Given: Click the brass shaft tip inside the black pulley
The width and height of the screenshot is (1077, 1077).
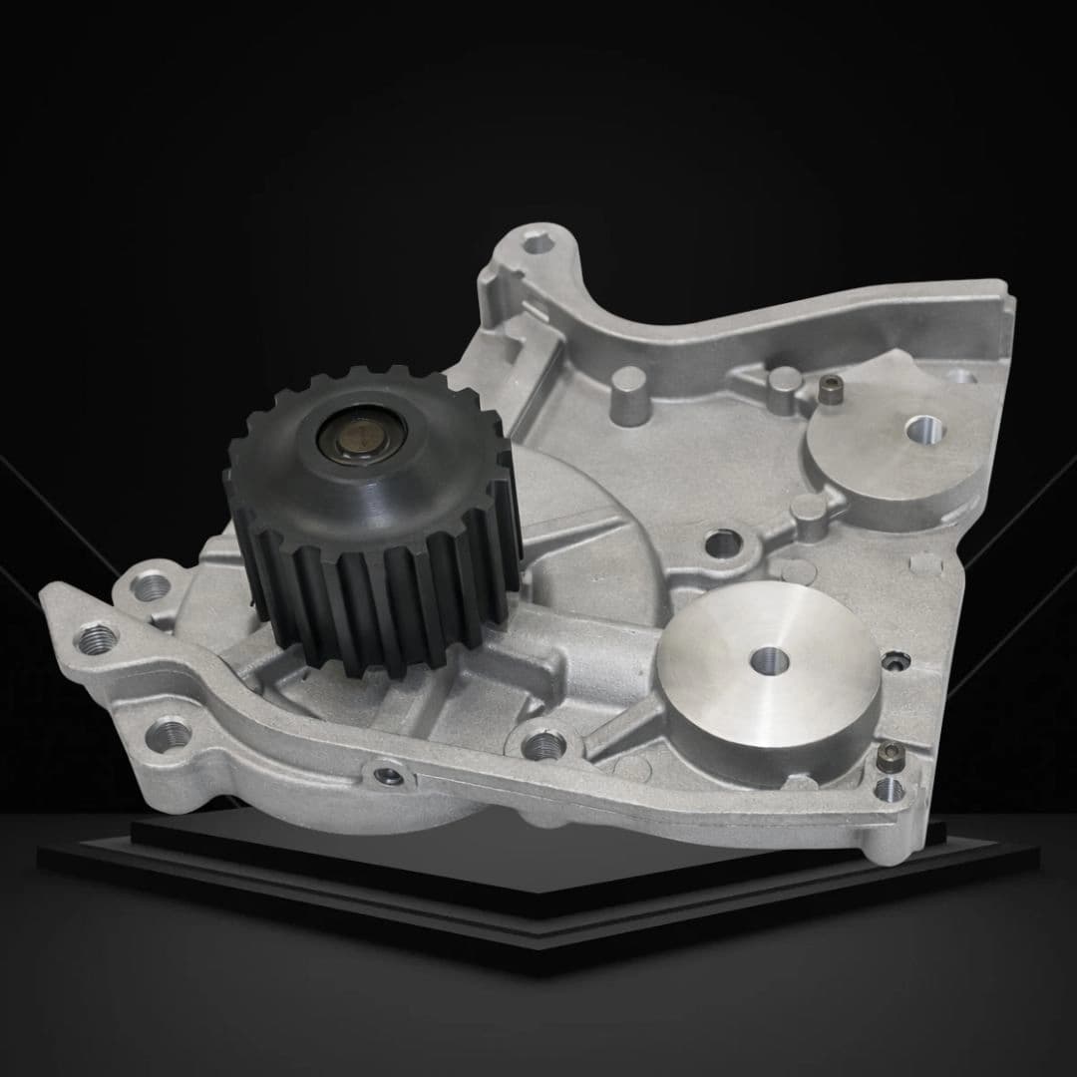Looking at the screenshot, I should [x=361, y=435].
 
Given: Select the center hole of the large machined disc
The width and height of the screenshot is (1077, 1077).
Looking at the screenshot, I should [x=768, y=660].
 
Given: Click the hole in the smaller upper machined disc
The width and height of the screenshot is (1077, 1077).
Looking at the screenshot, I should [x=923, y=430].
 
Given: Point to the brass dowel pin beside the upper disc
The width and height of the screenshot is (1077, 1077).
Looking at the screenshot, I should [x=830, y=391].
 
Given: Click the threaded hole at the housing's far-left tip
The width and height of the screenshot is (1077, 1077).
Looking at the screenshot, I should [x=96, y=636].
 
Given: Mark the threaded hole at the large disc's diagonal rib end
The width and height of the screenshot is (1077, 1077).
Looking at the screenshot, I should [x=542, y=743].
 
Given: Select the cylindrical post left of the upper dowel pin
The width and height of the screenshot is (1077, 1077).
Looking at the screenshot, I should [x=785, y=386].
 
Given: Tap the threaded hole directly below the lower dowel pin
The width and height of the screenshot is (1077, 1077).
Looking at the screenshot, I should [x=888, y=791].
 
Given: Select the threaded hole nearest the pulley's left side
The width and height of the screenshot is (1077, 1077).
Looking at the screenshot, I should [x=150, y=586].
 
